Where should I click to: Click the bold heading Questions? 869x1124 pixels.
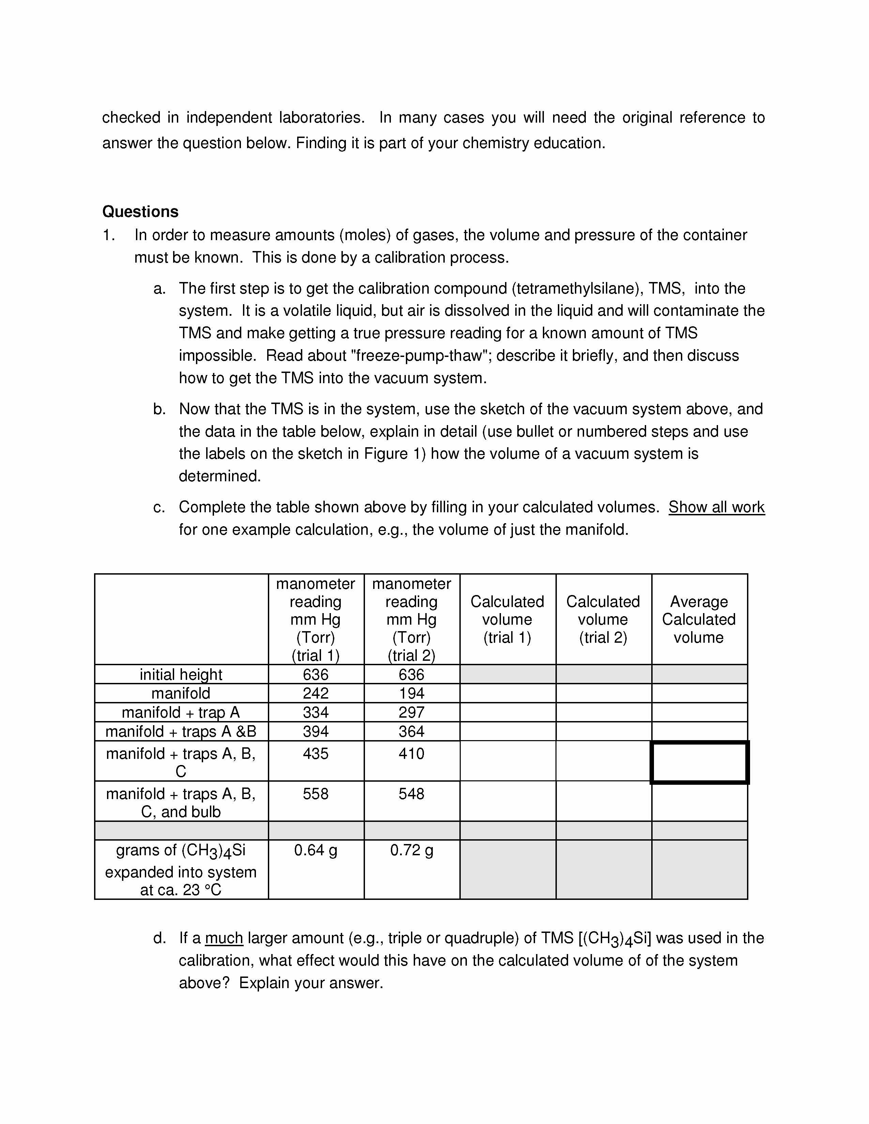pos(140,212)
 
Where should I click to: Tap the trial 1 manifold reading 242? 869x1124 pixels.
pos(316,693)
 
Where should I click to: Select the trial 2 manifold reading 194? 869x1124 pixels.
pos(411,693)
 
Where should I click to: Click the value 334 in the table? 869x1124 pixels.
pos(316,712)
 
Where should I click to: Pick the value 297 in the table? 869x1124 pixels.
pos(411,712)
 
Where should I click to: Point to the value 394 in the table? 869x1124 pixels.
pos(316,731)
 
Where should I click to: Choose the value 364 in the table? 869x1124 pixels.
pos(411,731)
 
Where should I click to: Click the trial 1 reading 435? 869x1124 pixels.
pos(316,754)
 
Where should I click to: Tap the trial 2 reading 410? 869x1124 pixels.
pos(411,754)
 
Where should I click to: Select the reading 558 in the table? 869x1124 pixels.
pos(316,794)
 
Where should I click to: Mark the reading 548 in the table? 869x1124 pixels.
pos(411,794)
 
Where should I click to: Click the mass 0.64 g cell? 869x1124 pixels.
pos(316,850)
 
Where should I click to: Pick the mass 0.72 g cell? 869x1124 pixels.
pos(411,850)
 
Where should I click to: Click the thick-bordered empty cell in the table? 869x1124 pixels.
pos(699,762)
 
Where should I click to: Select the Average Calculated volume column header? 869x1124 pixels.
pos(699,619)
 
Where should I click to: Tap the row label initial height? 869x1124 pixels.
pos(181,674)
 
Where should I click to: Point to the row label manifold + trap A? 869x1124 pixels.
pos(181,712)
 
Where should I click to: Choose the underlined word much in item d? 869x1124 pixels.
pos(224,938)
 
